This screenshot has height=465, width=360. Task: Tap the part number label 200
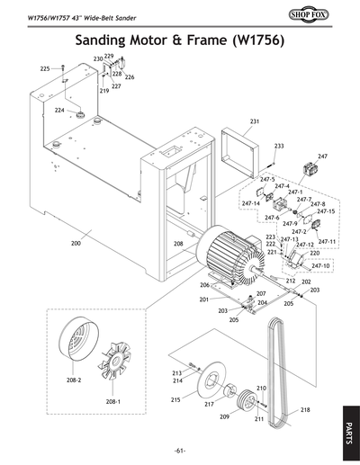pos(76,243)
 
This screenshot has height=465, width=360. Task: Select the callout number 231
pos(255,121)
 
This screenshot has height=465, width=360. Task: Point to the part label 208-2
pos(74,380)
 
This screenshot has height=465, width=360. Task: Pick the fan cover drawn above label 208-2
pos(74,341)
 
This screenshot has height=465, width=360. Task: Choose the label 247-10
pos(320,266)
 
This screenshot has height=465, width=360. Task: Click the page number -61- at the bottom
pos(180,450)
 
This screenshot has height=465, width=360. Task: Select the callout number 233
pos(279,146)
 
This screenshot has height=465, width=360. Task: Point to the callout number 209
pos(225,416)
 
